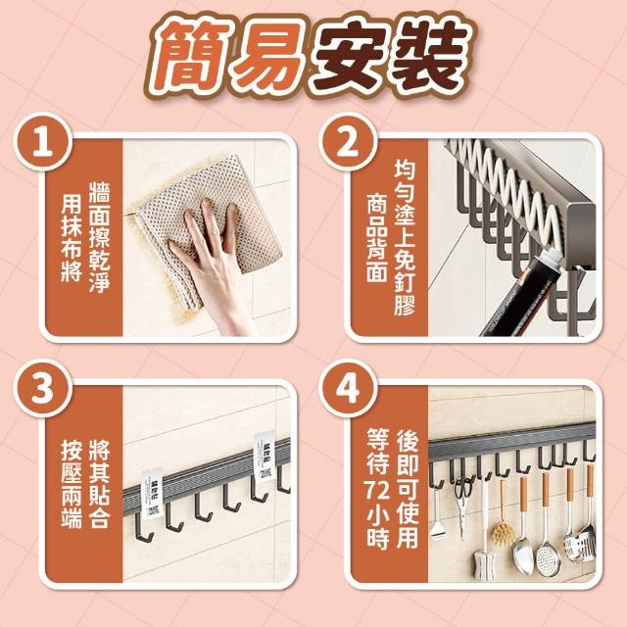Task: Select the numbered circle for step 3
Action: (43, 389)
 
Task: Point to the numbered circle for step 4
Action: (348, 389)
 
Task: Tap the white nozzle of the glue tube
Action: (551, 259)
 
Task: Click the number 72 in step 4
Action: (378, 491)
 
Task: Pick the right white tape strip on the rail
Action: (265, 457)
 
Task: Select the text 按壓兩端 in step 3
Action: (72, 484)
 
